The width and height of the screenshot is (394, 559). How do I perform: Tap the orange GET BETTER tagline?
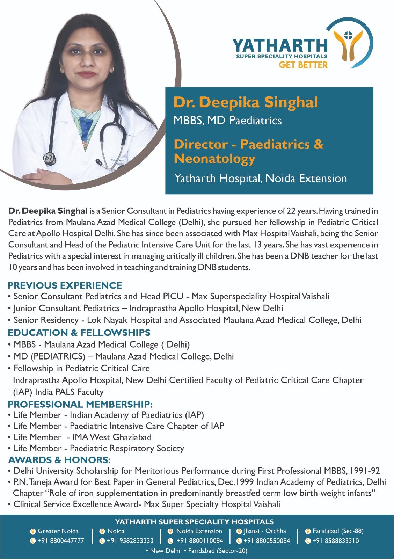303,65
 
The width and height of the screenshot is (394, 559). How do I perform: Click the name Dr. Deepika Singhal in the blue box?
246,102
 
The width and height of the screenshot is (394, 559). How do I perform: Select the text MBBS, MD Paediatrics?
227,121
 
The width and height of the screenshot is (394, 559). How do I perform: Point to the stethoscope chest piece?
50,158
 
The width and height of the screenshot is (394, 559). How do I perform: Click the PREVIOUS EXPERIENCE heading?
65,285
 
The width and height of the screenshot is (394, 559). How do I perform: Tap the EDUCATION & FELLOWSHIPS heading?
79,332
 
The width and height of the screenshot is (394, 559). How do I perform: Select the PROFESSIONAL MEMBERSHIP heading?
80,404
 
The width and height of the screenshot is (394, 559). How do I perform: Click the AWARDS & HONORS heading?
59,459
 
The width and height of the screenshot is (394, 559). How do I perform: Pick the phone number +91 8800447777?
61,540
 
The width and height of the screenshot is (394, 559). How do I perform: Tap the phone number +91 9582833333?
130,540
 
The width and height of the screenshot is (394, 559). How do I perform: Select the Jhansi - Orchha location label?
265,531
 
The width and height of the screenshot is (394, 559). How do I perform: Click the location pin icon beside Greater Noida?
33,531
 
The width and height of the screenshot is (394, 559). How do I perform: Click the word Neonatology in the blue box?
214,159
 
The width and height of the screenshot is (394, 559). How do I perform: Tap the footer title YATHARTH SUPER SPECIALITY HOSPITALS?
195,522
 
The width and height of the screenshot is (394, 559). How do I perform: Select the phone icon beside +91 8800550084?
239,541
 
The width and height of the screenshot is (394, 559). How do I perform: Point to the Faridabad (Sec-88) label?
338,531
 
